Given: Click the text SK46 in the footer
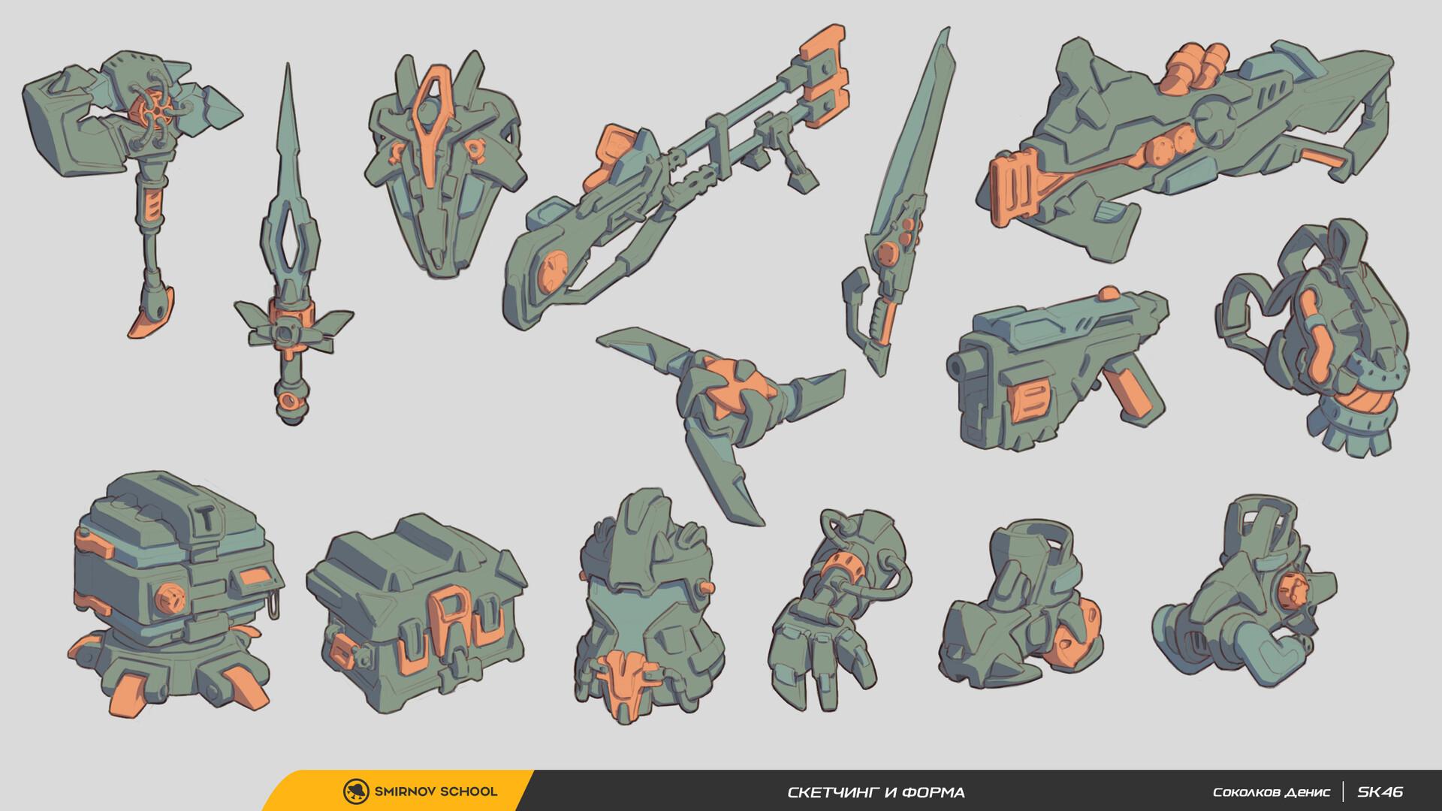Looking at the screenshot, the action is click(x=1380, y=791).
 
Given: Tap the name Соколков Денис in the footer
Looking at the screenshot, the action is click(x=1271, y=792).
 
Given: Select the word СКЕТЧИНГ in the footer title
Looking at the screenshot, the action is click(x=829, y=792).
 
